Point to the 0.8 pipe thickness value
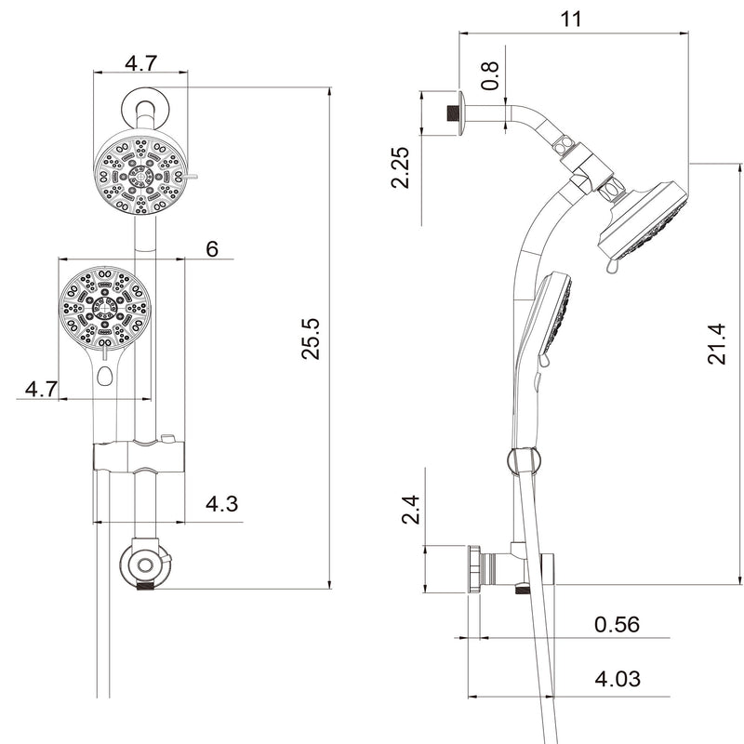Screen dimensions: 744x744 click(491, 75)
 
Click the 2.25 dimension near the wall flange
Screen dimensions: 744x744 click(402, 167)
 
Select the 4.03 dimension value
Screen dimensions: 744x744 click(618, 680)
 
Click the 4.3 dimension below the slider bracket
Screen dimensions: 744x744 click(221, 505)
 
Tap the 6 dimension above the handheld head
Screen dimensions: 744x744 click(212, 248)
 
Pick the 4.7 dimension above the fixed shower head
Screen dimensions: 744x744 click(140, 63)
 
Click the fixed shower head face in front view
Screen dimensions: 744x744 click(139, 174)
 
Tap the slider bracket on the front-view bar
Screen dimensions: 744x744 click(139, 458)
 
